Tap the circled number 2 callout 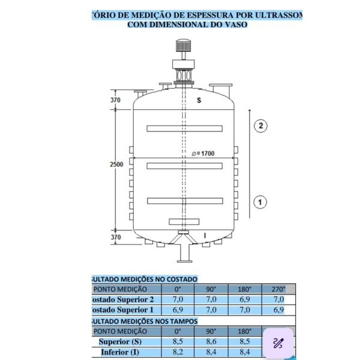click(260, 125)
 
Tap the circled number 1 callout click(260, 202)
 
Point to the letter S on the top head click(199, 101)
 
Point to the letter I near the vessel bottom click(205, 235)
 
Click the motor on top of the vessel click(182, 47)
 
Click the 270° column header click(278, 289)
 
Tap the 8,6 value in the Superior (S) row click(211, 341)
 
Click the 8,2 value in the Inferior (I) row click(178, 352)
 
